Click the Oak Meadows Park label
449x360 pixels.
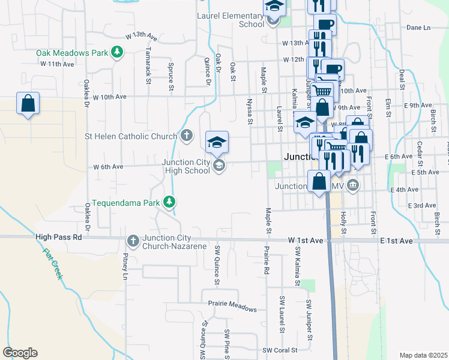(71, 53)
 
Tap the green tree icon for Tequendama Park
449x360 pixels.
(170, 202)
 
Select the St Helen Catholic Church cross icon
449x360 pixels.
(187, 136)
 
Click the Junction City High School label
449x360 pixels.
(185, 166)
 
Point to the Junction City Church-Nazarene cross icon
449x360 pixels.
(133, 241)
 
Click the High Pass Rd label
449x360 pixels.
(58, 237)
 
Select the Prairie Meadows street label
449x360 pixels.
(232, 305)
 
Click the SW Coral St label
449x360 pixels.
(280, 350)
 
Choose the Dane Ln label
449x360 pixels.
(418, 28)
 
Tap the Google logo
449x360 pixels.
(20, 353)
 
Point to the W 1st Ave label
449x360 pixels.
(306, 240)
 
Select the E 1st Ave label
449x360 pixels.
(396, 241)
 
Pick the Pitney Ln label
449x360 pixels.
(125, 266)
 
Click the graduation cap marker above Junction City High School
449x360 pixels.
(217, 142)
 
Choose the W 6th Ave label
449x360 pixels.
(108, 167)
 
